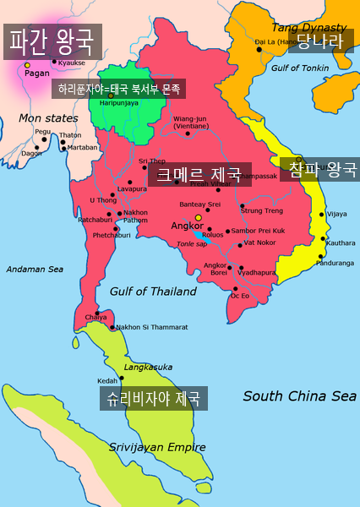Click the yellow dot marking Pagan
(x=27, y=64)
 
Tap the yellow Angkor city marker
(x=199, y=217)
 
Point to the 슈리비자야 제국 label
(x=153, y=399)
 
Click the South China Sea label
(x=299, y=395)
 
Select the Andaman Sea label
(x=35, y=269)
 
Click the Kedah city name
(x=107, y=381)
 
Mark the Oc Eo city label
(x=240, y=296)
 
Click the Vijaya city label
(x=336, y=214)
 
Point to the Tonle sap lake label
(x=192, y=243)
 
